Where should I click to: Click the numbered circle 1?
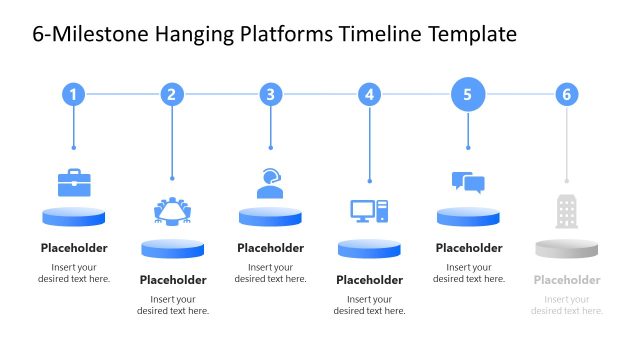coord(73,95)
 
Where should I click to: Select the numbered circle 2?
coord(172,95)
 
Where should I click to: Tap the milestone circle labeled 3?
coord(270,95)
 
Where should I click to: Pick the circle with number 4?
coord(369,95)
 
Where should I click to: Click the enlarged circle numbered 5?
coord(468,95)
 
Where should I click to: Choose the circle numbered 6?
coord(567,95)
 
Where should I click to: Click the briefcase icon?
coord(74,182)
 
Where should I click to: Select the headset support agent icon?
coord(270,183)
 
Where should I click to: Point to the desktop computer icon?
coord(369,211)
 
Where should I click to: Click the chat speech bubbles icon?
coord(468,182)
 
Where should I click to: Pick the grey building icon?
coord(567,211)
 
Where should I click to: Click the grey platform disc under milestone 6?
coord(567,248)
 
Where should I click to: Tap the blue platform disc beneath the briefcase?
coord(74,216)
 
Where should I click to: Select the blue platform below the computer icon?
coord(369,248)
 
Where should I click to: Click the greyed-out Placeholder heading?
coord(567,280)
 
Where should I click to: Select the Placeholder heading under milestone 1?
coord(74,248)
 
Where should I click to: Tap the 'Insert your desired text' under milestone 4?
coord(369,305)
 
